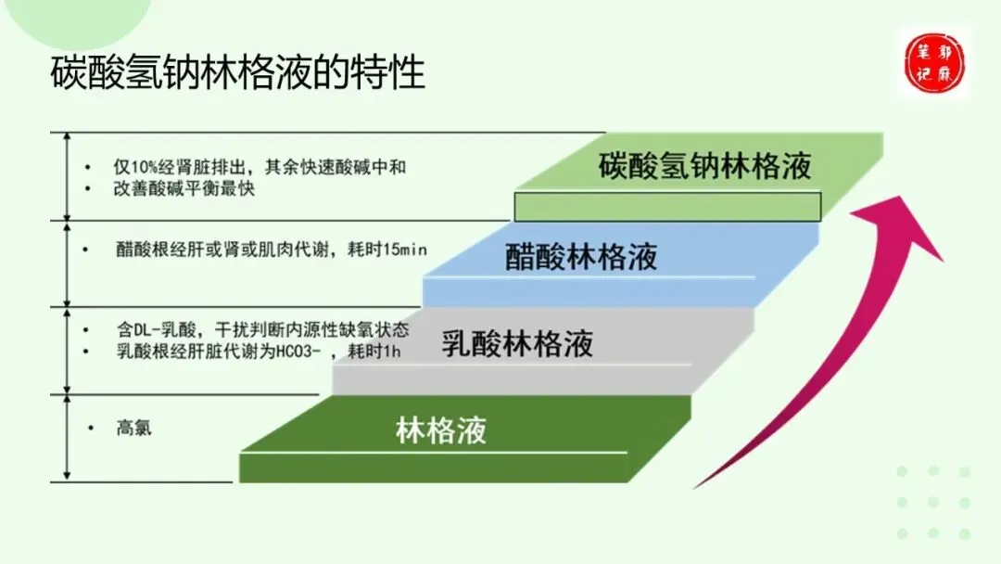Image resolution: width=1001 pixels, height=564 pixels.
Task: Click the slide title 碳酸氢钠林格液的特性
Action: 237,71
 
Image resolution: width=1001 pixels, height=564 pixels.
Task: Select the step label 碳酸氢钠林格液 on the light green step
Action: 704,165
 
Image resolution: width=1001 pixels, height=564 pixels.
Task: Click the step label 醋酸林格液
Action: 581,256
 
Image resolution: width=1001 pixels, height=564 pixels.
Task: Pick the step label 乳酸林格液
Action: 516,344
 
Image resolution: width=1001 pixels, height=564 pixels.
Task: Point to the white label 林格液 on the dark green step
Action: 441,430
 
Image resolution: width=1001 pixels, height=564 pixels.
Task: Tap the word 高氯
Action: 133,429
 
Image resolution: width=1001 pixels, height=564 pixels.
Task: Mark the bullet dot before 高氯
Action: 91,428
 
